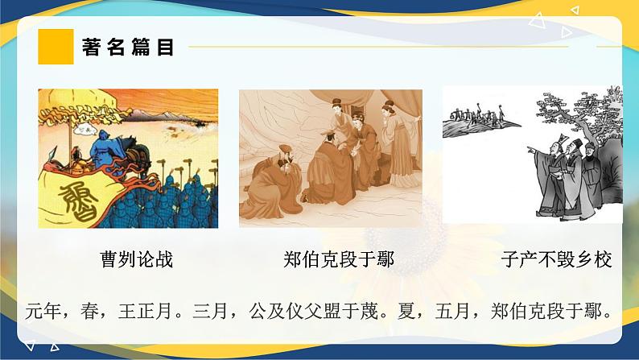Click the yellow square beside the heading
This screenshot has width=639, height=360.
[x=56, y=47]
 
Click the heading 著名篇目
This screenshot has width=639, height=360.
[x=129, y=48]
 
